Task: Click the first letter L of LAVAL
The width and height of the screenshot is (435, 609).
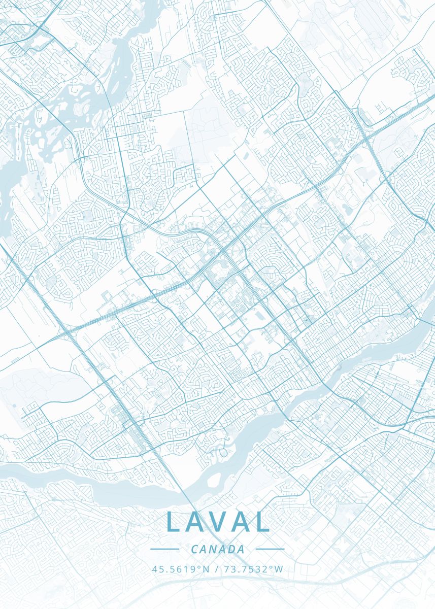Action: (x=174, y=522)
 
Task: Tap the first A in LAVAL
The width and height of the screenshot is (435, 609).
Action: (x=196, y=522)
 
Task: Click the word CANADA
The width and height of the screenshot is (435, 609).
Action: (x=218, y=549)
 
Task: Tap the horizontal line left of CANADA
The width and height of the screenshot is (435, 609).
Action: (x=165, y=549)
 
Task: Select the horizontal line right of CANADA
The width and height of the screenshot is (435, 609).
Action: (x=270, y=549)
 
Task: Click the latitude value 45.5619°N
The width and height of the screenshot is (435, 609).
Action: (x=180, y=569)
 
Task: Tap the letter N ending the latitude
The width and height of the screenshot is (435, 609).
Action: (x=206, y=569)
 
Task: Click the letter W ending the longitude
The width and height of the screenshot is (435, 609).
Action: (x=279, y=569)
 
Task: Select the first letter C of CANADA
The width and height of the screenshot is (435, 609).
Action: (x=195, y=549)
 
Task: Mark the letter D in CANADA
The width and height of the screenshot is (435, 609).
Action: (x=232, y=549)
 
